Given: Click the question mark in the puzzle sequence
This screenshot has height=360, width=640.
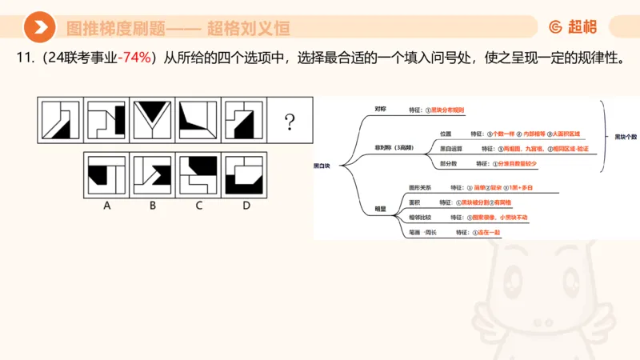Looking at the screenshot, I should coord(290,122).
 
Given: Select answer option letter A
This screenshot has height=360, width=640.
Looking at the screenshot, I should coord(106,205).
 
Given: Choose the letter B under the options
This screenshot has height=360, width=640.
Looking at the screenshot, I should coord(153,205).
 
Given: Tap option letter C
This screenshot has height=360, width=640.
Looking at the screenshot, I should coord(198,205).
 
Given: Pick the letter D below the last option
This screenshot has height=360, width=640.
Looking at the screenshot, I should coord(246,205).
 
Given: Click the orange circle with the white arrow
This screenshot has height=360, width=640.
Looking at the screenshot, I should coord(39,28).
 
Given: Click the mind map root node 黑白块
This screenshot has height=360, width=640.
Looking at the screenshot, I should coord(322,166).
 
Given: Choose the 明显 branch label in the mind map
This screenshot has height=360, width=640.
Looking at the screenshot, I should coord(381,209).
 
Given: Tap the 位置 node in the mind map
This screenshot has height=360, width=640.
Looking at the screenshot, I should coord(446,134).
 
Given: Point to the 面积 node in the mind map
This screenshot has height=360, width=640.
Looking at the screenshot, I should coord(414,202).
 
